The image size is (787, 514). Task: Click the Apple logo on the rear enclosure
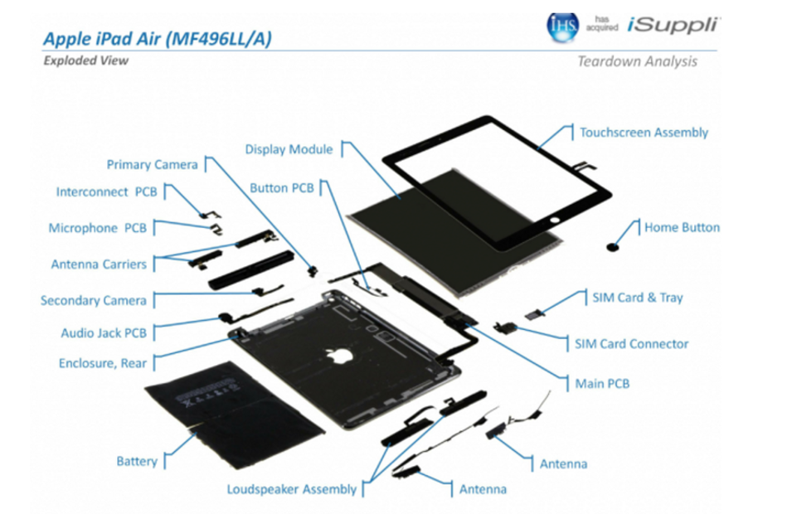coord(340,355)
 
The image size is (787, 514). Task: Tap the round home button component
coord(612,247)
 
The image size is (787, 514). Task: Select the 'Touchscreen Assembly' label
coord(644,133)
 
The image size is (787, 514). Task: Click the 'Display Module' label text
coord(289,149)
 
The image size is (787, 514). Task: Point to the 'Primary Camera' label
coord(152,165)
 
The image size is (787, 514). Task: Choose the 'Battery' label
coord(137,461)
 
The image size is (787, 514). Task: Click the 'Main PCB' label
coord(602,384)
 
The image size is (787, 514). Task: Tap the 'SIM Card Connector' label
coord(631,344)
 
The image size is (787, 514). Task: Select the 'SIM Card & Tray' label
coord(638,298)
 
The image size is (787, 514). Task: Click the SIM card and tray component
coord(535,315)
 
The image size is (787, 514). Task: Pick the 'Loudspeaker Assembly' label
coord(292,489)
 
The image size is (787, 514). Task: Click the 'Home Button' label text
coord(683,227)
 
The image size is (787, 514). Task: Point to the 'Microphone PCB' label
coord(97,228)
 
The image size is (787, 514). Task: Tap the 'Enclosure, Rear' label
coord(102,363)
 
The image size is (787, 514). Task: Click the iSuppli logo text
coord(673,25)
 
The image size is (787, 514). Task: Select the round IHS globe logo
coord(562,26)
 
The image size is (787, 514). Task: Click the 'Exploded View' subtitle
coord(85,61)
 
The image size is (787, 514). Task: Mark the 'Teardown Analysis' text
coord(637,61)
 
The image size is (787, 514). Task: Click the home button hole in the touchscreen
coord(554,220)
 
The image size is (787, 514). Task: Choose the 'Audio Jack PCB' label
coord(104,332)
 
